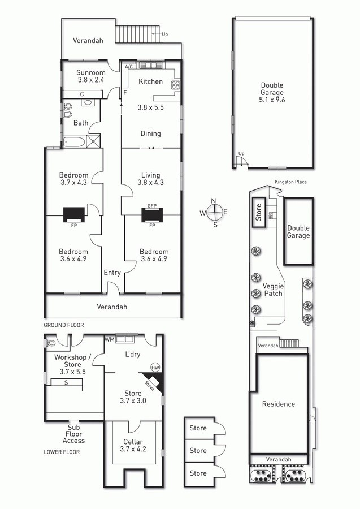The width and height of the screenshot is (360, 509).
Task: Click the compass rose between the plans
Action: coord(214,213)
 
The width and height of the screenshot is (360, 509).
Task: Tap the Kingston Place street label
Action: coord(290,182)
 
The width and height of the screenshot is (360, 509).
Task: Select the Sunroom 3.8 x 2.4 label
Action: coord(91,76)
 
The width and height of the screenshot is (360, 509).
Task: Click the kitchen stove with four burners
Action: coord(175,84)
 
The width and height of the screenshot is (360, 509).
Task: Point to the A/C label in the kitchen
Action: coord(129,67)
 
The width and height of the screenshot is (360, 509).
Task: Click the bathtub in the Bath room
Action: coord(74,142)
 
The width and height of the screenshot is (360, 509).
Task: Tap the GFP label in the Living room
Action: coord(152,206)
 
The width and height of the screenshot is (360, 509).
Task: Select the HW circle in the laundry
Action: coord(155,368)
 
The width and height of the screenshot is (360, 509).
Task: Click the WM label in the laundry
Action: coord(109,339)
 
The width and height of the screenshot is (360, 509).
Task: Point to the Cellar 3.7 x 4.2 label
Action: coord(133,446)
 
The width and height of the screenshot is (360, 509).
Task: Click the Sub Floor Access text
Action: coord(73,434)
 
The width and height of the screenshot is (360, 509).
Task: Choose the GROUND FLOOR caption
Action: coord(64,325)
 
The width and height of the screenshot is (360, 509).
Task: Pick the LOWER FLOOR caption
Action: coord(62,452)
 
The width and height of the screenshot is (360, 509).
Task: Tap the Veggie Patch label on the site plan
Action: coord(273,290)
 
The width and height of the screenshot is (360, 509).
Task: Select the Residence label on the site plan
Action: coord(279,404)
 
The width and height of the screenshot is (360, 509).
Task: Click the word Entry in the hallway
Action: coord(112,273)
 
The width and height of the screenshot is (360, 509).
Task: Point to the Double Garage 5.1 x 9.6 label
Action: coord(272,93)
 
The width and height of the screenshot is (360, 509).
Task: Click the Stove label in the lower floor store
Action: coord(150,385)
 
